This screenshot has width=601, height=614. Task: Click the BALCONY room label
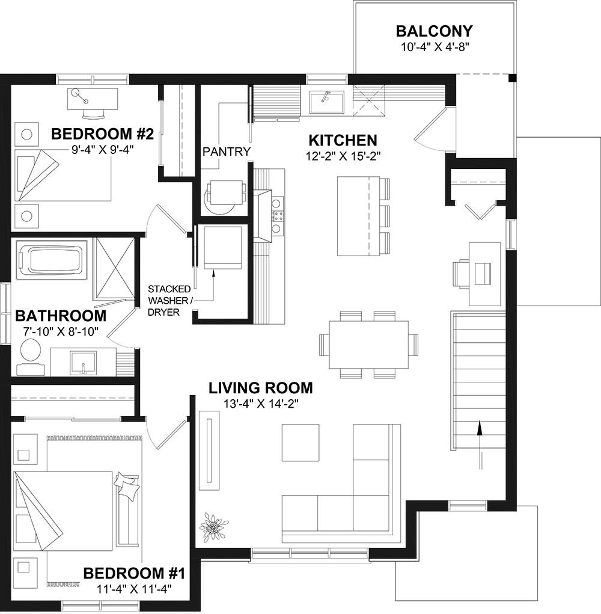(x=435, y=31)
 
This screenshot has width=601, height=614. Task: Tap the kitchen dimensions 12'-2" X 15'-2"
(x=343, y=156)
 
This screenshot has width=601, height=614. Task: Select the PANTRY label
(x=227, y=151)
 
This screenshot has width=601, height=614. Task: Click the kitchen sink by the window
(x=327, y=102)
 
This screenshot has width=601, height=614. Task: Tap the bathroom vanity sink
(x=84, y=363)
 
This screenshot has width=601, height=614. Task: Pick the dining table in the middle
(x=368, y=345)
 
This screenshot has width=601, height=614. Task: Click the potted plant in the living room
(x=213, y=527)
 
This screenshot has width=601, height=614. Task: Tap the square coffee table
(x=300, y=443)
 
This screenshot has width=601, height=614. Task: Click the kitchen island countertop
(x=358, y=216)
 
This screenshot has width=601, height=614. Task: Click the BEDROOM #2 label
(x=103, y=134)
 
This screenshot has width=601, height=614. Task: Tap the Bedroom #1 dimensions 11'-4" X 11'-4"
(x=134, y=589)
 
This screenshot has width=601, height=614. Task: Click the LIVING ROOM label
(x=261, y=388)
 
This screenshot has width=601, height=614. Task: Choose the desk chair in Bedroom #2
(x=94, y=114)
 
